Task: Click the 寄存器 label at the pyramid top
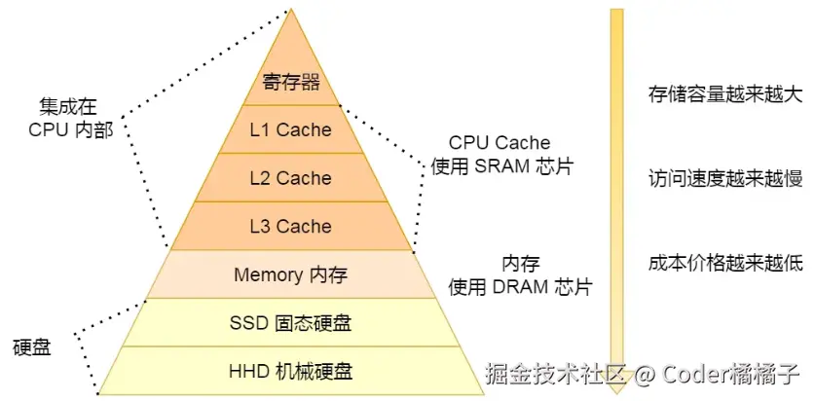[291, 81]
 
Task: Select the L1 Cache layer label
[291, 129]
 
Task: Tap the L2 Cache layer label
[291, 178]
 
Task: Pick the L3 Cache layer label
[291, 227]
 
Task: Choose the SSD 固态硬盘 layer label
[290, 322]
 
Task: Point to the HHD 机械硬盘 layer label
[290, 371]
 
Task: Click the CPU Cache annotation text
[499, 143]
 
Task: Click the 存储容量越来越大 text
[724, 94]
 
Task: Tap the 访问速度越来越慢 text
[724, 178]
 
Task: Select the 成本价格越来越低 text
[724, 262]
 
